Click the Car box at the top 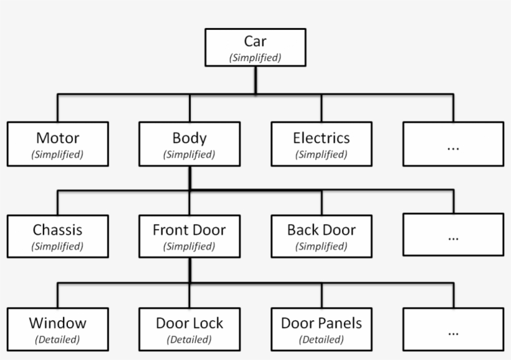click(255, 47)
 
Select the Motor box click(57, 144)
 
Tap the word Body click(189, 138)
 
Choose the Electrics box click(321, 144)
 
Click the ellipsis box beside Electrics click(453, 144)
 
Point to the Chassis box click(57, 236)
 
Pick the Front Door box click(189, 236)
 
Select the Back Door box click(321, 236)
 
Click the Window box click(57, 329)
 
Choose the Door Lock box click(189, 329)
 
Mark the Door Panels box click(321, 329)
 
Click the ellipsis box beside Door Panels click(453, 329)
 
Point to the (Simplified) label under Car click(255, 58)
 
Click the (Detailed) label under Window click(57, 340)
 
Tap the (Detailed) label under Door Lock click(189, 340)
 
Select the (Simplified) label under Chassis click(57, 247)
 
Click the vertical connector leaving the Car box click(255, 80)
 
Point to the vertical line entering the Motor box click(58, 108)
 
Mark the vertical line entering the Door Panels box click(322, 295)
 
